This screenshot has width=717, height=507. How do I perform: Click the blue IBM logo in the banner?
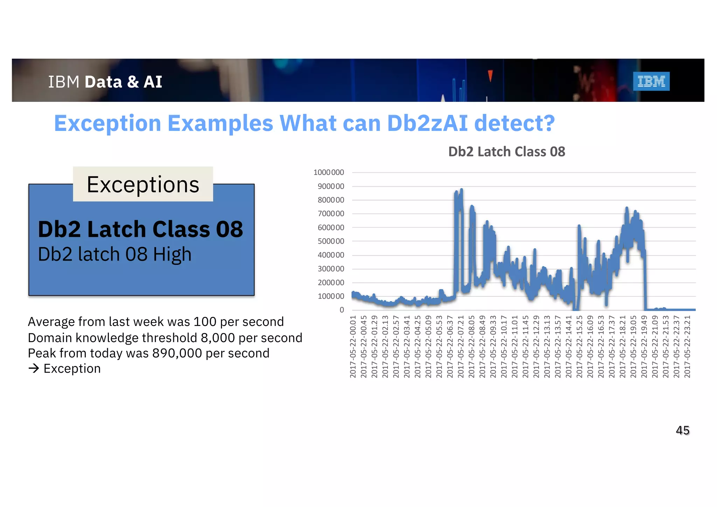tap(651, 81)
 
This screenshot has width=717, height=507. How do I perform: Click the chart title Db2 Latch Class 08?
tap(507, 152)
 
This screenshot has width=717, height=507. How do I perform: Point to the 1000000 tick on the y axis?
tap(329, 172)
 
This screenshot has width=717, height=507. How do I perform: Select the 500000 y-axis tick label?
tap(331, 241)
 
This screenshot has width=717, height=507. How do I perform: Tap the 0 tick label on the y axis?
tap(342, 310)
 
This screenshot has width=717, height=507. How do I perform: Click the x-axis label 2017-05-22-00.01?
tap(353, 347)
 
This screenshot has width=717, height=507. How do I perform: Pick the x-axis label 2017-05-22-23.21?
tap(687, 347)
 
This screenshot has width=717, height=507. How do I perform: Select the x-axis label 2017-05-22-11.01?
tap(515, 347)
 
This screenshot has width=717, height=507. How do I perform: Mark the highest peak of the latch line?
tap(461, 190)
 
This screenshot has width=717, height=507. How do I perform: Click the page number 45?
tap(682, 430)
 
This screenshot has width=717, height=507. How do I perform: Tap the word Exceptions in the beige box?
tap(143, 185)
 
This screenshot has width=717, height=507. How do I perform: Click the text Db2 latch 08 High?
tap(114, 254)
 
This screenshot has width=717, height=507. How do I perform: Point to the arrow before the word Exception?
tap(34, 368)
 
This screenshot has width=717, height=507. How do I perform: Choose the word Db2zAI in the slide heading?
tap(427, 123)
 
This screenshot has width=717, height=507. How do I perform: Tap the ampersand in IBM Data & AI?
tap(133, 82)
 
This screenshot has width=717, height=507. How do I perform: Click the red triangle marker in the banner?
tap(490, 75)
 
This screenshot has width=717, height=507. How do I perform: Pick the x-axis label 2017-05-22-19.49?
tap(644, 347)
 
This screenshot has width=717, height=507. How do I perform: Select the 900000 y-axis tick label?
tap(331, 186)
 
